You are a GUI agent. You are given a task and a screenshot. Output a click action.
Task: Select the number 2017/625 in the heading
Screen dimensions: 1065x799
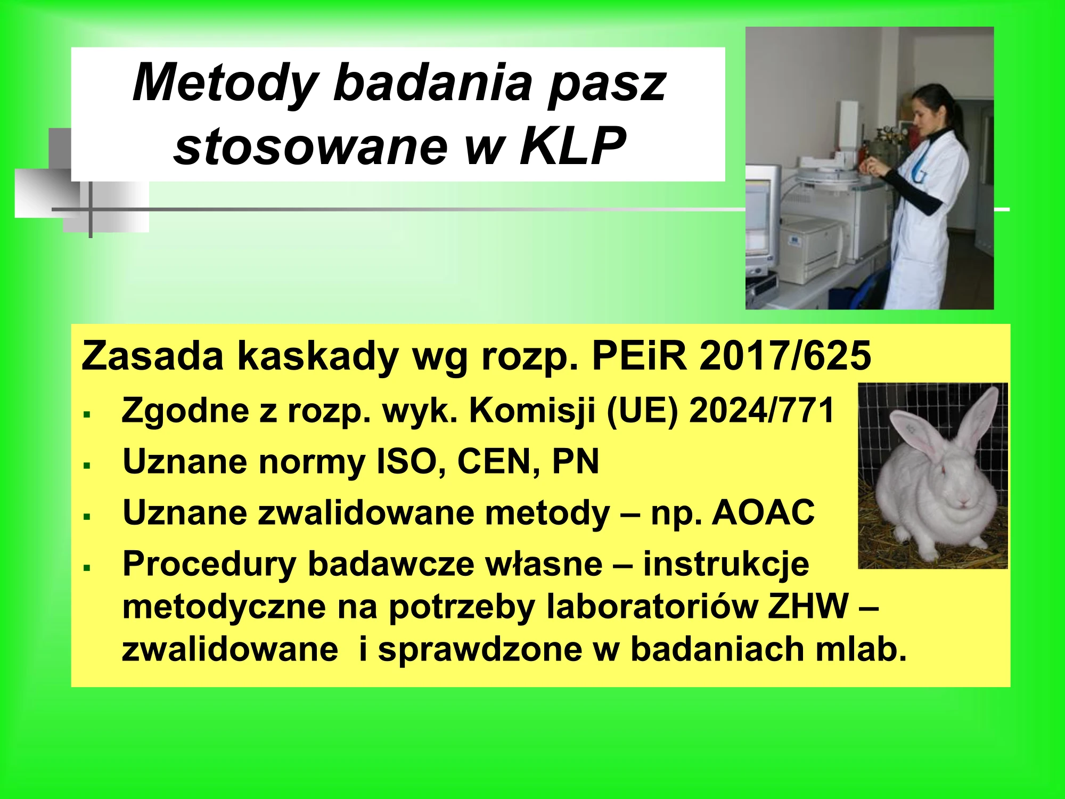tap(785, 356)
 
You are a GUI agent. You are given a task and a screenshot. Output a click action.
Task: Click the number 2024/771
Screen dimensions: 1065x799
tap(761, 411)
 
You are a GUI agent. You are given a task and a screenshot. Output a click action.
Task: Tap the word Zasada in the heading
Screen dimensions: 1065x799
tap(152, 356)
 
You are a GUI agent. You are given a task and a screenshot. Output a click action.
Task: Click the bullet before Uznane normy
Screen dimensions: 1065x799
tap(87, 465)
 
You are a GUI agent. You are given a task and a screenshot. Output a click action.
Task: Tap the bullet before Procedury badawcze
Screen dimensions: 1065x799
tap(87, 568)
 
